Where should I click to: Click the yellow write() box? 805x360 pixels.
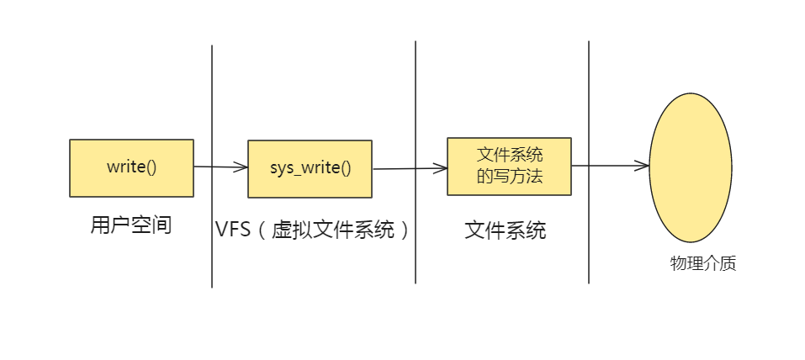coord(131,167)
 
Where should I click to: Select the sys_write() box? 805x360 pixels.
coord(310,168)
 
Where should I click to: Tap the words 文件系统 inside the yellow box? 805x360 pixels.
coord(510,155)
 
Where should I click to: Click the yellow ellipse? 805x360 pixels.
coord(690,167)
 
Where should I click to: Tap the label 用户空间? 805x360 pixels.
coord(131,225)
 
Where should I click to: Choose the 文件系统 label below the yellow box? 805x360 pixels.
coord(506,230)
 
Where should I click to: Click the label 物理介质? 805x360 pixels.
coord(703,263)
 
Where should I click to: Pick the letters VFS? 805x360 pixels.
coord(233,230)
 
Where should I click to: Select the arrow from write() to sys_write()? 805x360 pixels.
coord(220,167)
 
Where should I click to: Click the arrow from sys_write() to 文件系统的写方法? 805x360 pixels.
coord(409,168)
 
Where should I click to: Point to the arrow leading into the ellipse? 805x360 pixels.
coord(610,166)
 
